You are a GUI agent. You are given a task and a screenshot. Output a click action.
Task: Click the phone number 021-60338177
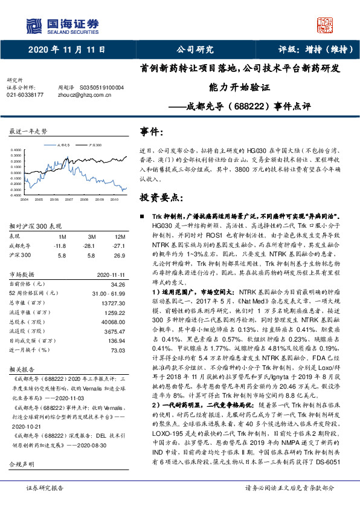pyautogui.click(x=25, y=95)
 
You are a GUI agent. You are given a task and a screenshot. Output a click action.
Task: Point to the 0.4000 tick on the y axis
pyautogui.click(x=15, y=149)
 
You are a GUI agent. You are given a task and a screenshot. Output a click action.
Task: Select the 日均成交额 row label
pyautogui.click(x=30, y=341)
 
